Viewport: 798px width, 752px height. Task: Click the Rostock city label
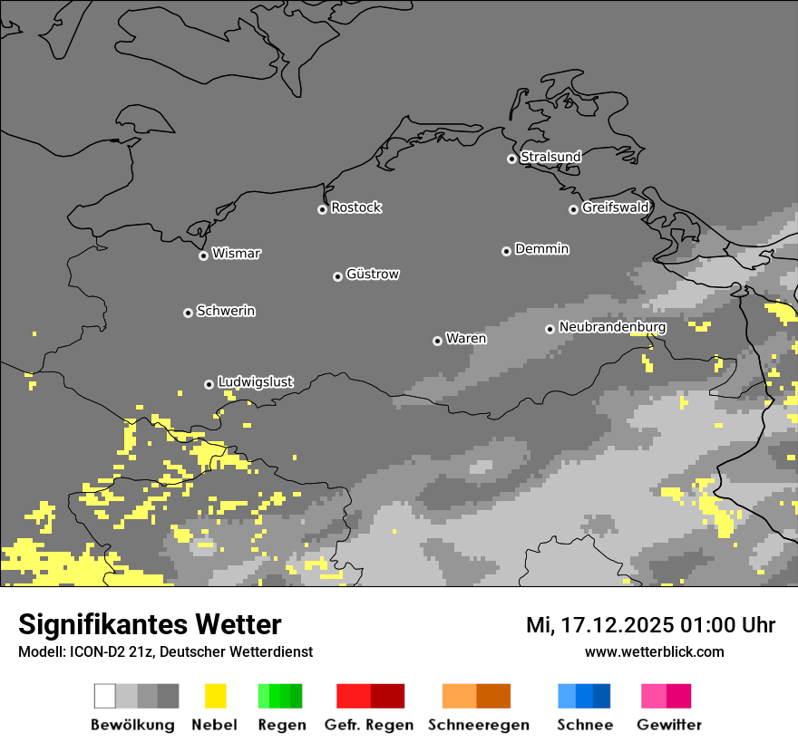(x=355, y=207)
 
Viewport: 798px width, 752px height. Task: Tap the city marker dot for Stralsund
(x=511, y=159)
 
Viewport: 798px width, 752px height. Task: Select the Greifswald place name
(x=615, y=207)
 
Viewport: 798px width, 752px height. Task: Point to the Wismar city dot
(x=203, y=255)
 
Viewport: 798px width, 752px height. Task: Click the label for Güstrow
(x=373, y=275)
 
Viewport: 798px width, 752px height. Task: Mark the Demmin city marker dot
(x=506, y=251)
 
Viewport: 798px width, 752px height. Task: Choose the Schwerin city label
(x=226, y=311)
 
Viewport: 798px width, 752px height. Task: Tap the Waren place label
(x=466, y=339)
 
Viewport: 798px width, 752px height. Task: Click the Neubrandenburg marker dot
(x=550, y=329)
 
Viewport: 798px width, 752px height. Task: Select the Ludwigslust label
(x=255, y=382)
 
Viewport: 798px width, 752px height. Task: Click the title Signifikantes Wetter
(x=150, y=624)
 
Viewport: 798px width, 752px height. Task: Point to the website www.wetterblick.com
(x=654, y=651)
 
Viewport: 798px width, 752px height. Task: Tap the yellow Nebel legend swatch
(x=215, y=696)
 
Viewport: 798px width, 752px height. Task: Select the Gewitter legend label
(x=668, y=725)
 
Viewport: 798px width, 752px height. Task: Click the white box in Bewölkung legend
(x=105, y=696)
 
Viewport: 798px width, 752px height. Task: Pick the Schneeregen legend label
(x=478, y=725)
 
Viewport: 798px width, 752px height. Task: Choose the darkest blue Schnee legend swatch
(x=601, y=696)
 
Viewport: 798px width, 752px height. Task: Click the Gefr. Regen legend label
(x=368, y=725)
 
